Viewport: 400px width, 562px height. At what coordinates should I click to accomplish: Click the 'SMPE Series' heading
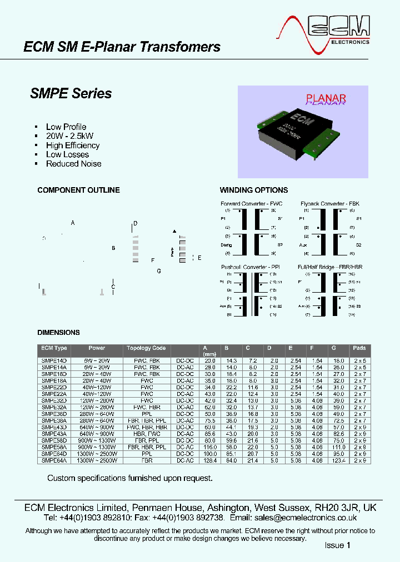[71, 93]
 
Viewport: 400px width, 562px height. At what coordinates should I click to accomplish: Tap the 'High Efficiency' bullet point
[73, 145]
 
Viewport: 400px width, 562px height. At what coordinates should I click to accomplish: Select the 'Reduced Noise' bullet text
[73, 163]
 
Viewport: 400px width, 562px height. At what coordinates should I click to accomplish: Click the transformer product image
[303, 132]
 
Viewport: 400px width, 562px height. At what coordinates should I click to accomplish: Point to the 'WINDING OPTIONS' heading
[254, 190]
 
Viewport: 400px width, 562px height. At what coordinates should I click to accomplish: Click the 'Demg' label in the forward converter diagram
[226, 244]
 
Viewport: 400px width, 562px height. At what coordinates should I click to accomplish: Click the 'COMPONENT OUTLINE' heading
[78, 190]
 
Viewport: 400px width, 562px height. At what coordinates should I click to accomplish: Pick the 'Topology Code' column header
[146, 348]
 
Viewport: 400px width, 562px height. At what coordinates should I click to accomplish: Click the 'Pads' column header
[359, 348]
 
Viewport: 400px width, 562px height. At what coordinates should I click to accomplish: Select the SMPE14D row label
[54, 360]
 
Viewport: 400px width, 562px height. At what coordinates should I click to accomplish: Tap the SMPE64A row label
[54, 460]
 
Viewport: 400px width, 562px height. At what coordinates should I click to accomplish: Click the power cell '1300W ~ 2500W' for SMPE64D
[97, 454]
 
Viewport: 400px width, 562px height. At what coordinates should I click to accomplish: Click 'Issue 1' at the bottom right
[338, 545]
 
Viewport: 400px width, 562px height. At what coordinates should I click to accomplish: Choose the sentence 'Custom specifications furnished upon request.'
[129, 478]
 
